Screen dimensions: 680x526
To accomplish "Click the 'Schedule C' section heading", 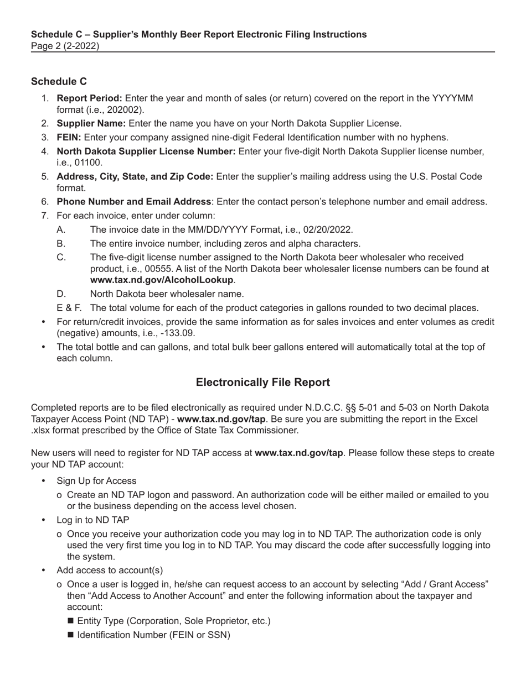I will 59,81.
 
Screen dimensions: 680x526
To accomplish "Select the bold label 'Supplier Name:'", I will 91,123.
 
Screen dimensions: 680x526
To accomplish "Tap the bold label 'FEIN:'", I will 69,137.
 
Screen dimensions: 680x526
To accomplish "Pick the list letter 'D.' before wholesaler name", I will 61,294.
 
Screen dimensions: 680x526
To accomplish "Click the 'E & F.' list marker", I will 69,308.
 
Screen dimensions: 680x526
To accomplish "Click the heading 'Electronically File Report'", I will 263,383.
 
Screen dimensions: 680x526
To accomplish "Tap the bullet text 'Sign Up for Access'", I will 96,481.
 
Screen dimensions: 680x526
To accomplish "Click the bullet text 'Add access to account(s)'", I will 110,570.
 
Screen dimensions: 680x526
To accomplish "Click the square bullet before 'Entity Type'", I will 70,621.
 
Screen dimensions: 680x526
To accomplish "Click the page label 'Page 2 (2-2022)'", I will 65,46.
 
